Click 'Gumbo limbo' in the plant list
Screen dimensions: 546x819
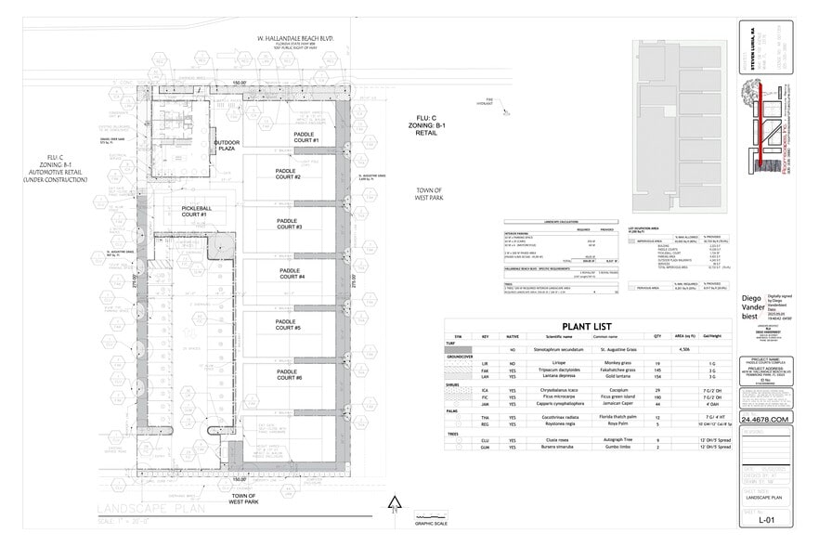click(619, 448)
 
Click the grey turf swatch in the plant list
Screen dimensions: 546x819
click(458, 350)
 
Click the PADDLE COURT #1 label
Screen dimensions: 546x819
click(300, 136)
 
